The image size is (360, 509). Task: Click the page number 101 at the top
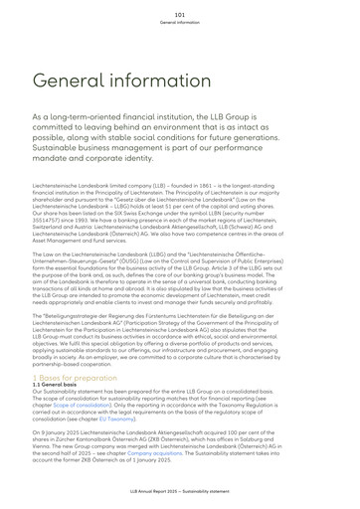pyautogui.click(x=179, y=15)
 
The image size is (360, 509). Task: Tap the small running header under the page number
pyautogui.click(x=179, y=23)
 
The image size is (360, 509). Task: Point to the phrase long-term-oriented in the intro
pyautogui.click(x=101, y=116)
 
